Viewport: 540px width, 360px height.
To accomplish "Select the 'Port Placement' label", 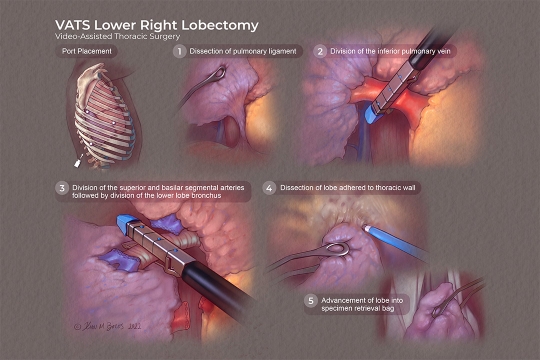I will coord(88,52).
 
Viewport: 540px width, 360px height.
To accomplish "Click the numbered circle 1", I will coord(180,51).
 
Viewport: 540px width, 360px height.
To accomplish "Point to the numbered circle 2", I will coord(320,51).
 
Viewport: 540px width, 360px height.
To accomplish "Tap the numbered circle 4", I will coord(269,188).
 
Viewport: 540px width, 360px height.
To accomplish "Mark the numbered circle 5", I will coord(311,300).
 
